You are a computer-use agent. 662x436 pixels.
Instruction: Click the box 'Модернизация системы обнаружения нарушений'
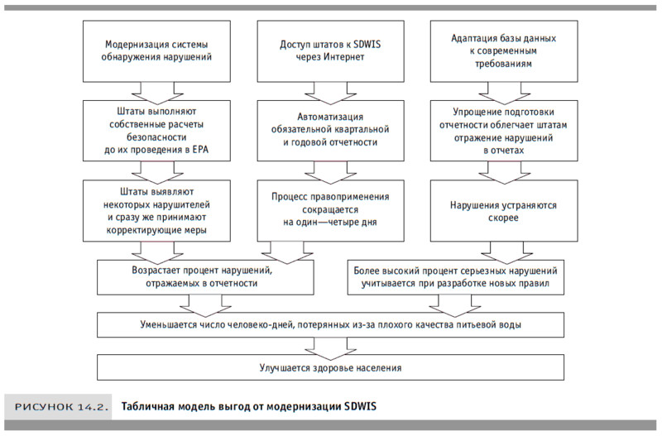click(x=158, y=50)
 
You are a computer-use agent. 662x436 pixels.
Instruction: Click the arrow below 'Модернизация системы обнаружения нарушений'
click(x=158, y=90)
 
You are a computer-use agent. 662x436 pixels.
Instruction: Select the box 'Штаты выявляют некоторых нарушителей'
click(x=158, y=210)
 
